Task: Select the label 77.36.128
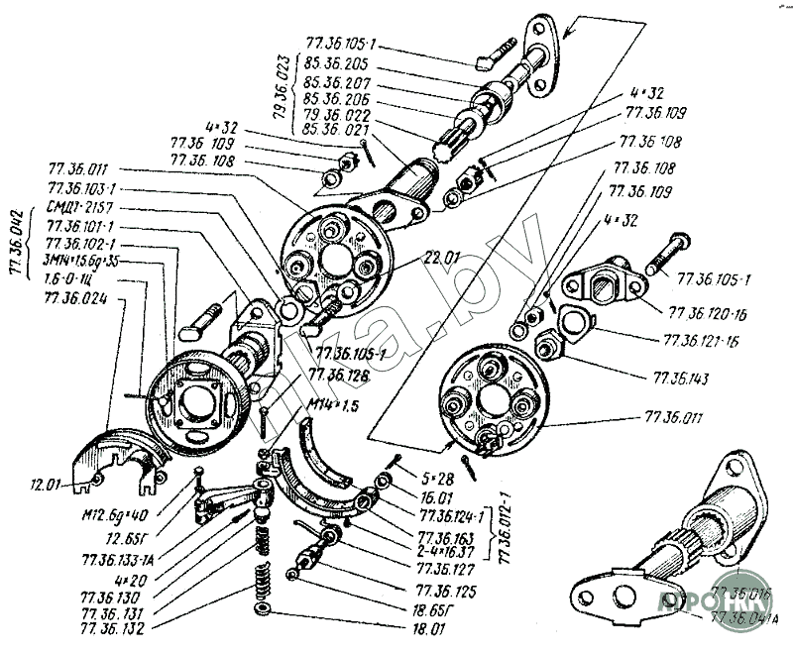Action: [339, 375]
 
